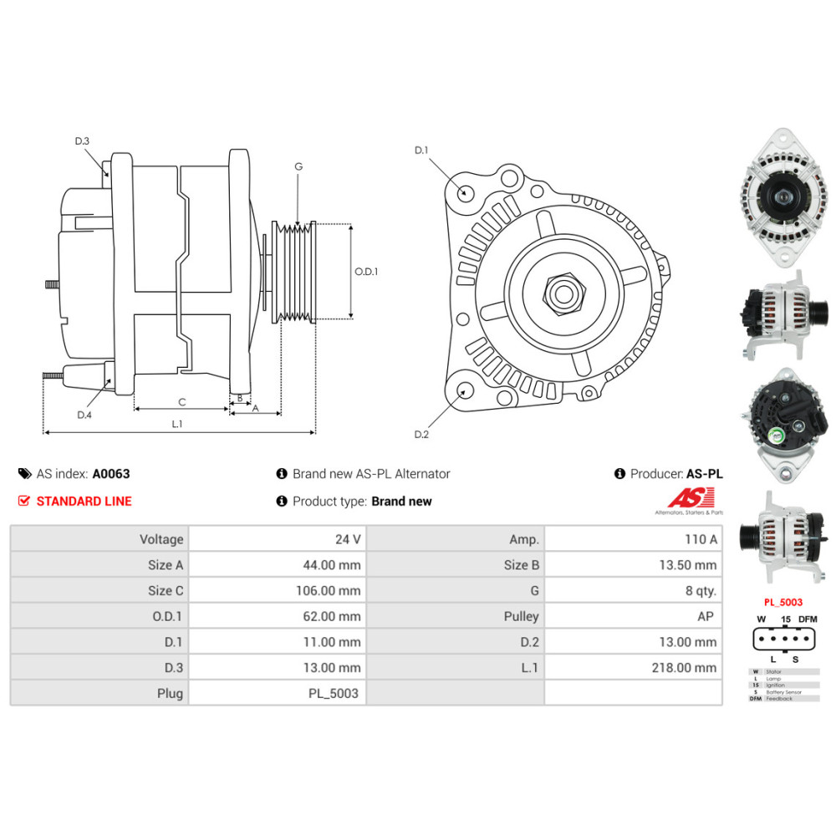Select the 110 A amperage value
pyautogui.click(x=701, y=539)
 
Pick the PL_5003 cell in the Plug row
pyautogui.click(x=334, y=693)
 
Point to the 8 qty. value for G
pyautogui.click(x=701, y=590)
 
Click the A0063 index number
pyautogui.click(x=111, y=473)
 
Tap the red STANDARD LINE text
pyautogui.click(x=84, y=501)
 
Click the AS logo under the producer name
pyautogui.click(x=689, y=500)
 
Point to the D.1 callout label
pyautogui.click(x=421, y=150)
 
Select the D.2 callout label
pyautogui.click(x=421, y=434)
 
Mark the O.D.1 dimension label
pyautogui.click(x=366, y=272)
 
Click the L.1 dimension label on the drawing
pyautogui.click(x=177, y=424)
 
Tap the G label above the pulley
pyautogui.click(x=298, y=166)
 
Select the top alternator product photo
pyautogui.click(x=782, y=198)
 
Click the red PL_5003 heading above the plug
pyautogui.click(x=783, y=601)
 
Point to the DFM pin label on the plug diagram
pyautogui.click(x=807, y=619)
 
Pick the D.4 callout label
pyautogui.click(x=84, y=415)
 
